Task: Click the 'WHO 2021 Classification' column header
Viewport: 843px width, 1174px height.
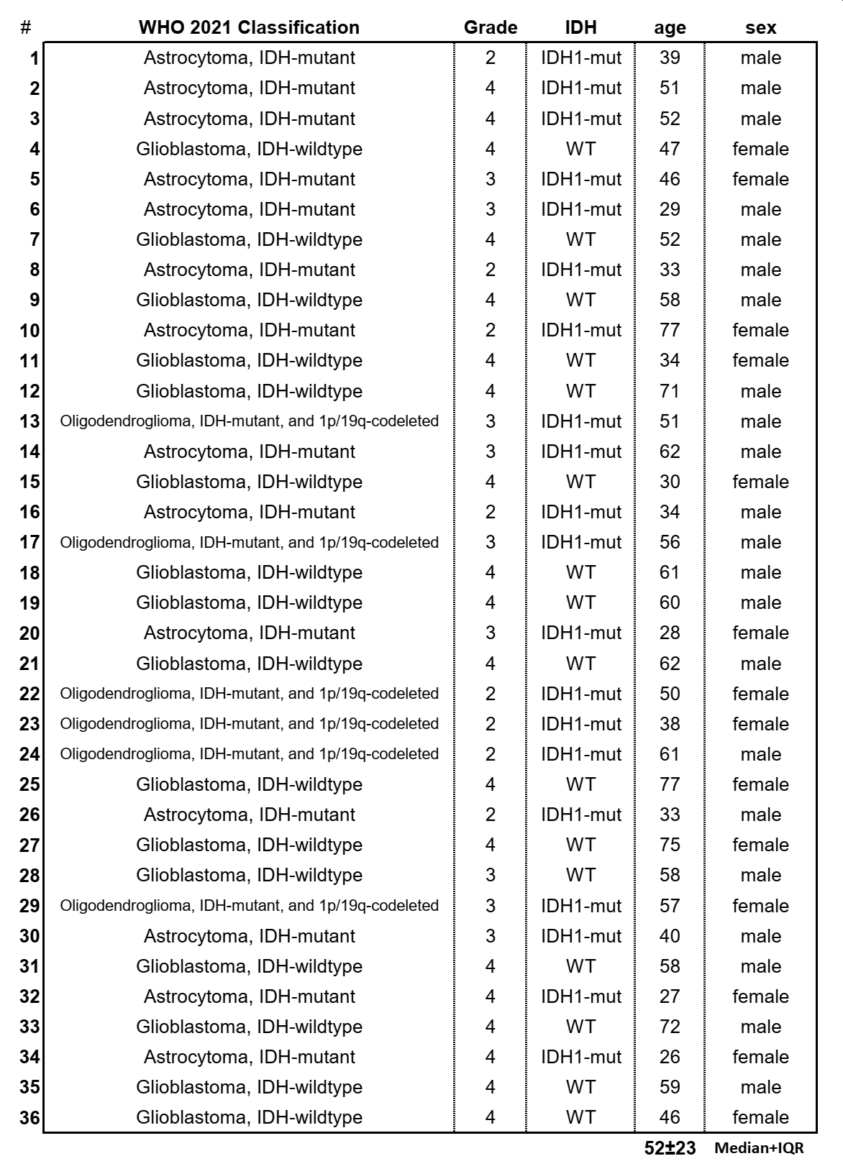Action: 249,27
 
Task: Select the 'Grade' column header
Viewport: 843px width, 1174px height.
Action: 491,27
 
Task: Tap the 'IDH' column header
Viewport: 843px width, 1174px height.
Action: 580,27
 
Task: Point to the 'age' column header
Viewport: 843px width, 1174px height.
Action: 670,28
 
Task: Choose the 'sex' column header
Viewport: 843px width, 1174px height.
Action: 760,28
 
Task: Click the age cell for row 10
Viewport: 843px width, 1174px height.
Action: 670,330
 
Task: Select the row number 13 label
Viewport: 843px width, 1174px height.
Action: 29,421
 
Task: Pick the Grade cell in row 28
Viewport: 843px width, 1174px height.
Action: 491,875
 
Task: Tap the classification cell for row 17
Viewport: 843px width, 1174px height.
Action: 249,542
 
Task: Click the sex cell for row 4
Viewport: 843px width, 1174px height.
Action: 760,149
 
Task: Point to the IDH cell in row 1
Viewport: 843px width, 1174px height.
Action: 580,58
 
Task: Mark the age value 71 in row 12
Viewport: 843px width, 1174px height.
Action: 670,391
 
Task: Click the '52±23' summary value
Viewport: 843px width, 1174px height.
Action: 670,1148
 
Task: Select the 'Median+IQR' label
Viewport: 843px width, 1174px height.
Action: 759,1148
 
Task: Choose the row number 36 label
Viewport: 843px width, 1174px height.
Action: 29,1118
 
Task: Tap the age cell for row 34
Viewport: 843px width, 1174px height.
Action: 670,1057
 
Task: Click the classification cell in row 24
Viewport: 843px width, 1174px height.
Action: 249,754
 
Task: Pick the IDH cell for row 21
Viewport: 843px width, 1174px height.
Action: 580,663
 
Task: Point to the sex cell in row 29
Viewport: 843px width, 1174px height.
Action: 760,906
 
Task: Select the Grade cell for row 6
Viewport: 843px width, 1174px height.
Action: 491,209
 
